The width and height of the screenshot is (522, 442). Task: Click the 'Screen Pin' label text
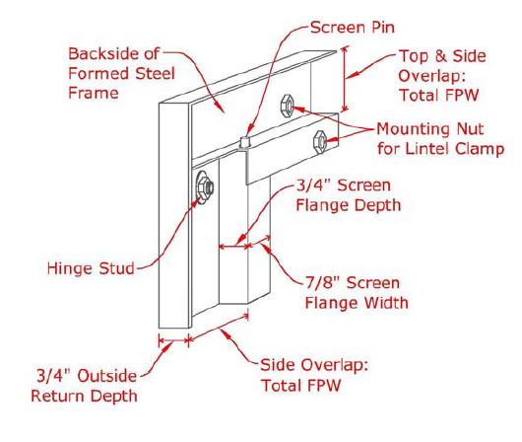(353, 28)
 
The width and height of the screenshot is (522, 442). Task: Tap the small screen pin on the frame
(245, 142)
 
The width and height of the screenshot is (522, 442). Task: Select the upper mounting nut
(287, 106)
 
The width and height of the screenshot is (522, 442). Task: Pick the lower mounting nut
(320, 142)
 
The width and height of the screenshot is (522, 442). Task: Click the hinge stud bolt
(204, 187)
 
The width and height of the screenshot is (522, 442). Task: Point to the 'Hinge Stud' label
(91, 268)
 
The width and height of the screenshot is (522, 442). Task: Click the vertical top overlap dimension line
(345, 79)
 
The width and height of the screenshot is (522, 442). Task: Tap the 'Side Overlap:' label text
(314, 365)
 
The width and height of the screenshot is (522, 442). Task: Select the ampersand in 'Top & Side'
(441, 56)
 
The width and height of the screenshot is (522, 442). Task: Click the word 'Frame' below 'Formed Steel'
(94, 93)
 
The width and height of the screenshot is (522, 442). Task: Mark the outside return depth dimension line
(173, 341)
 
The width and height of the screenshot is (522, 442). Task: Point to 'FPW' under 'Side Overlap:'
(324, 386)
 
